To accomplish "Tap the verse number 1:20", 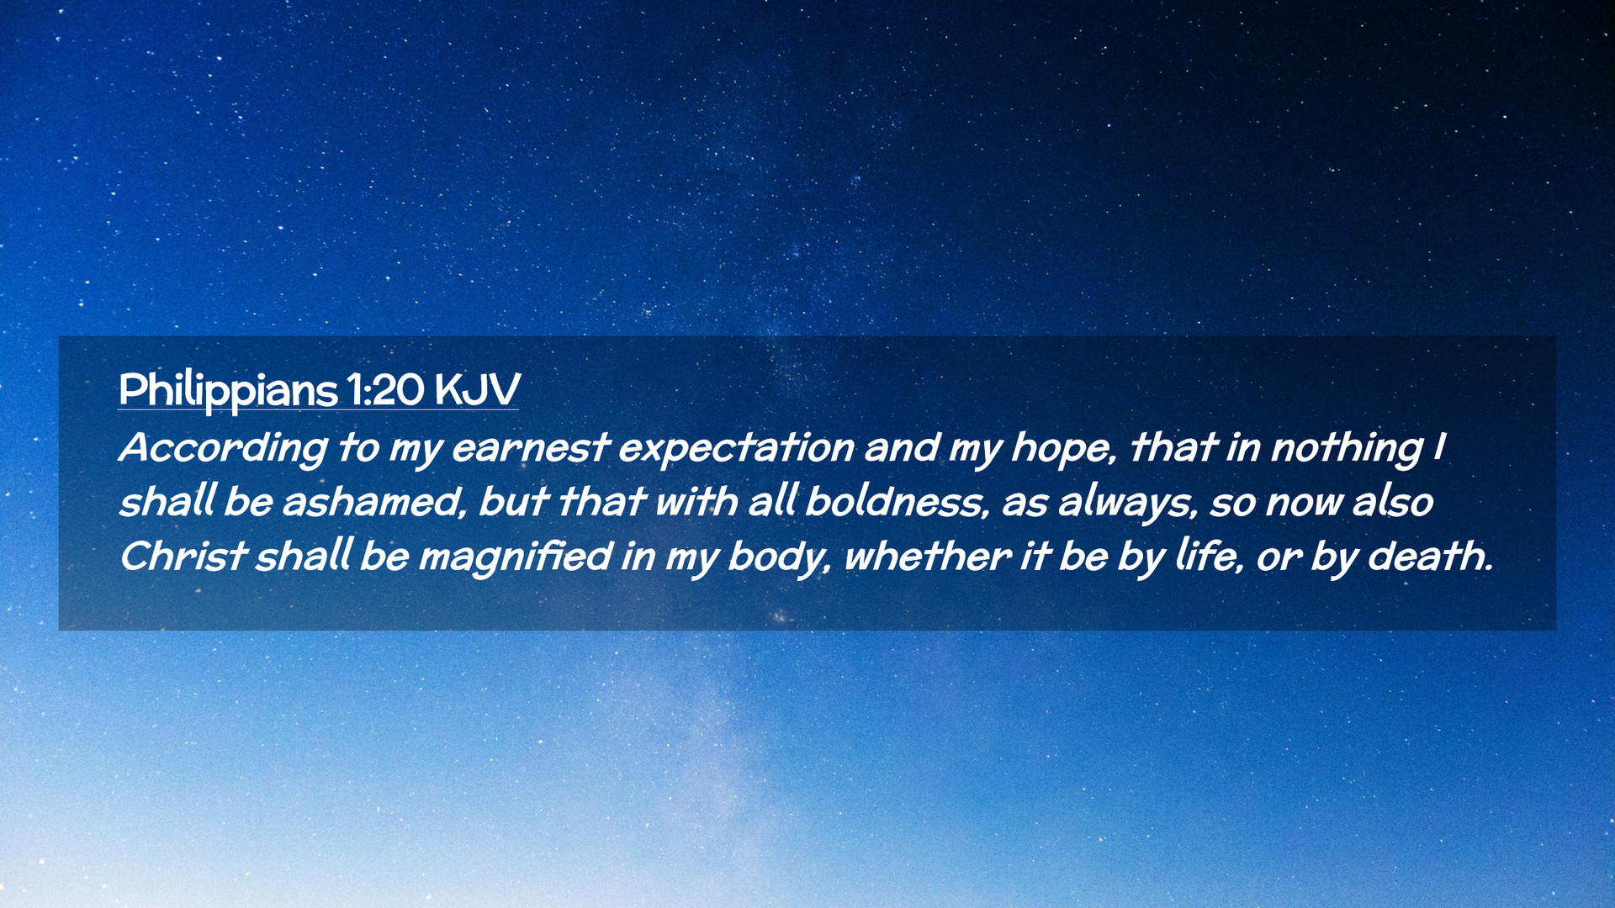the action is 385,390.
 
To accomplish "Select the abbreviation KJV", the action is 477,390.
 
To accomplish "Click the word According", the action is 223,448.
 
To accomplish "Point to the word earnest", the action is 529,447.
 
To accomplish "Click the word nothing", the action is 1347,448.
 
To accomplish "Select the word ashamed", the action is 374,502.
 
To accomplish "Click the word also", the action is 1393,502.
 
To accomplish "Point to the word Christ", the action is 183,556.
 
